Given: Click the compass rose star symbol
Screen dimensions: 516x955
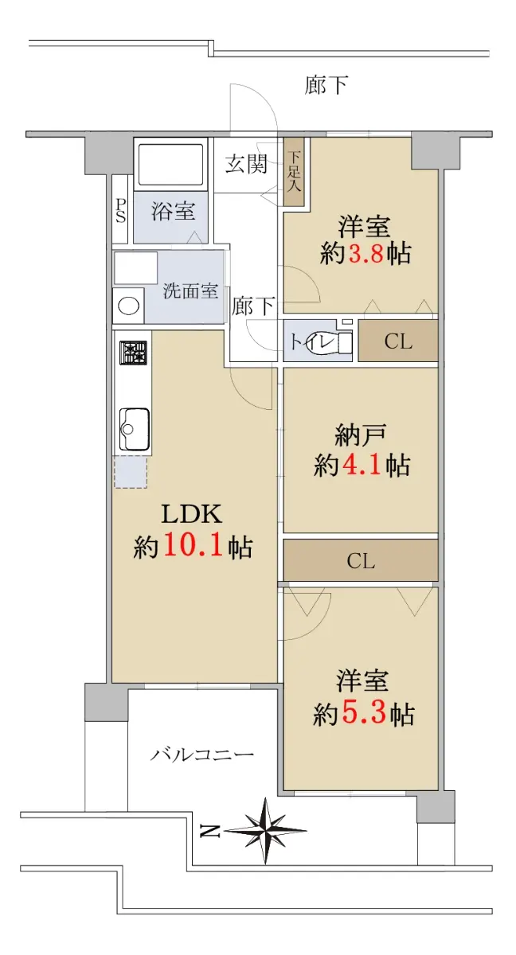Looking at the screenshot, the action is (x=265, y=831).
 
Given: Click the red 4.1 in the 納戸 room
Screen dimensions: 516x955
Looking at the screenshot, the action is (x=362, y=465).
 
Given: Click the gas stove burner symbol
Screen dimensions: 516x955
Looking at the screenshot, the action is (x=133, y=353).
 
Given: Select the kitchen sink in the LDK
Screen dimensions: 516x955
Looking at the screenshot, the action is (x=134, y=429).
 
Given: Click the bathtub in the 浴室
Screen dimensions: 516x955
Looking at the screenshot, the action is (x=170, y=164).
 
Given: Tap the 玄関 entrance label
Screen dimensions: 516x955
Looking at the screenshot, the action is (x=247, y=164).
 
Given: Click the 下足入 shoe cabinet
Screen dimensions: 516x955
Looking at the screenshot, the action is (x=295, y=171).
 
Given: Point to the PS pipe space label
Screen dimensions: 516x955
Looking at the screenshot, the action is (x=121, y=211).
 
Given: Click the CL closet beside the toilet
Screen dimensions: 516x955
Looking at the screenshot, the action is (x=398, y=341).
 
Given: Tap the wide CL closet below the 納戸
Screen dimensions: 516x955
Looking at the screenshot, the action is (x=361, y=560).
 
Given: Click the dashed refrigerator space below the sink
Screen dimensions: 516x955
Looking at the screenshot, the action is (x=131, y=473).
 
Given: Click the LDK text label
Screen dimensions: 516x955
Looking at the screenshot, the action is (x=191, y=514).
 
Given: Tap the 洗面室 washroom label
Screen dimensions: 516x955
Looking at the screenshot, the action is (x=190, y=290).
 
